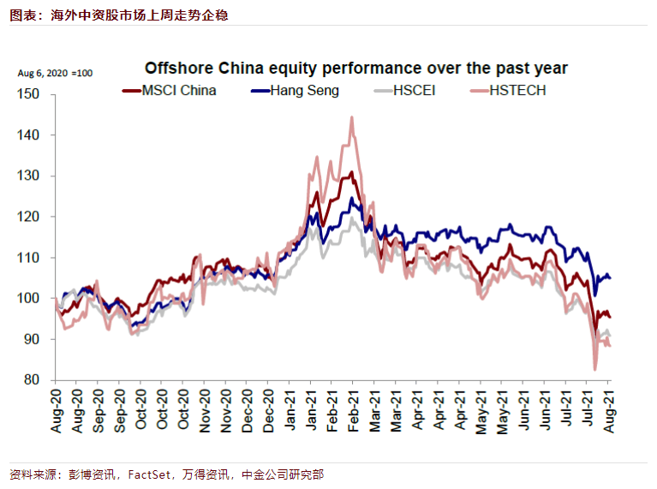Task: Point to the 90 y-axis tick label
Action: (33, 339)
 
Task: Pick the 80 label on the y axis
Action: (33, 380)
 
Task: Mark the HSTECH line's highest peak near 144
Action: (351, 117)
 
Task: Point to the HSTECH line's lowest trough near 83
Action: (594, 369)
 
